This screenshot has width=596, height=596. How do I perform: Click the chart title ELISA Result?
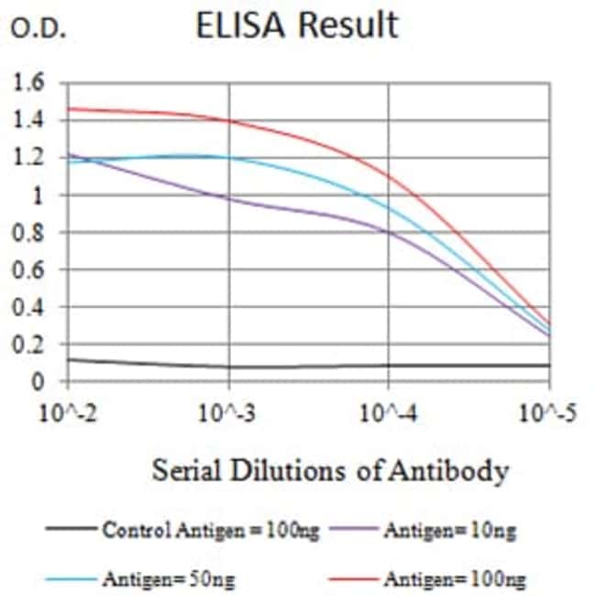coord(299,25)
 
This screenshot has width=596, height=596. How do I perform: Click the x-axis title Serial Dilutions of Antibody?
coord(329,472)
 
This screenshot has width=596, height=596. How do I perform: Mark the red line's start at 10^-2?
coord(69,108)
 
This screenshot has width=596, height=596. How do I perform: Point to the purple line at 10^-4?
coord(389,232)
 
